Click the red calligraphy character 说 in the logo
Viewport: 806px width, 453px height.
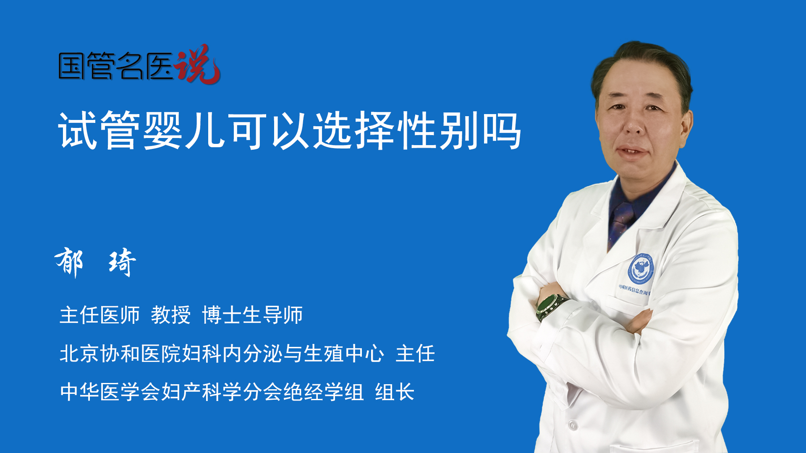[197, 64]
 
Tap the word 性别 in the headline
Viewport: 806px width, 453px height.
[439, 130]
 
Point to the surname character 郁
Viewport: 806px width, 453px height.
[69, 262]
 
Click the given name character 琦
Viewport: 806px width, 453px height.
[122, 262]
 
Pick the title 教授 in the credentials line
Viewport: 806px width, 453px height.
[171, 315]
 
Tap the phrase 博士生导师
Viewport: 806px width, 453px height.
[252, 315]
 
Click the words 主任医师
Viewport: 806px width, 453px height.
[99, 315]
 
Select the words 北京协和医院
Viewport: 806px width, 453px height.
[120, 353]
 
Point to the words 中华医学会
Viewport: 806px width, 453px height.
[110, 392]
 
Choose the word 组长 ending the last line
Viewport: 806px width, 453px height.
[395, 392]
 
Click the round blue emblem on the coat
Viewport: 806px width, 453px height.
[641, 268]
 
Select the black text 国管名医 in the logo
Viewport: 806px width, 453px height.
[116, 66]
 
